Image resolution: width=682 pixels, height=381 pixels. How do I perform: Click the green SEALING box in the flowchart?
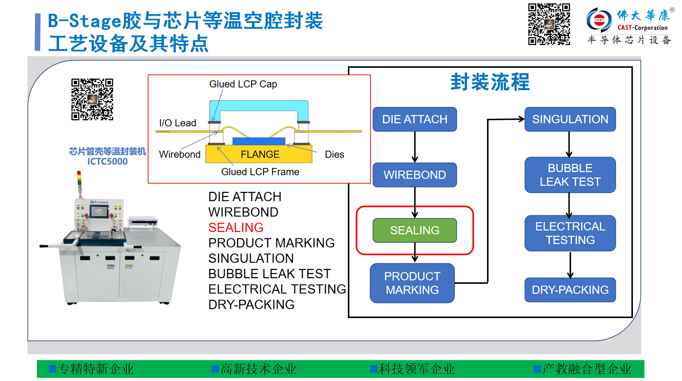tap(414, 230)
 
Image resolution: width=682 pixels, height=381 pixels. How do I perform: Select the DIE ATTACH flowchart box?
tap(414, 119)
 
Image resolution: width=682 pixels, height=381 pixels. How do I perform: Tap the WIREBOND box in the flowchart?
tap(414, 175)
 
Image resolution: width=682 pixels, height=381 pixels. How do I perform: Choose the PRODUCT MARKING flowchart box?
tap(412, 283)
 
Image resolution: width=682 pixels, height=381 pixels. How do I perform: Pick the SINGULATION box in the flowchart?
tap(570, 119)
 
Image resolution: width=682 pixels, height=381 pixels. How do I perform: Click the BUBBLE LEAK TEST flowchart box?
tap(570, 175)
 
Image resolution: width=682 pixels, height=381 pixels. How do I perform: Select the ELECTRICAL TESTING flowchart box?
tap(570, 233)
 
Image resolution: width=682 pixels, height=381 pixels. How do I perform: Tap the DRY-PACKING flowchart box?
tap(570, 290)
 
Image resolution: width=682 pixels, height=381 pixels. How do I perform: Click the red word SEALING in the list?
tap(236, 228)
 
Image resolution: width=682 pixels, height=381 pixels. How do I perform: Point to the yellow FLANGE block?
tap(259, 154)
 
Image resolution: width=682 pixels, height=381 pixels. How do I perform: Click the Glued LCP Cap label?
tap(243, 84)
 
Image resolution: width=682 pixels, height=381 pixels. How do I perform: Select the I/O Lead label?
tap(177, 123)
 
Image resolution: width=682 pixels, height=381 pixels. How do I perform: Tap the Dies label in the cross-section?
tap(334, 154)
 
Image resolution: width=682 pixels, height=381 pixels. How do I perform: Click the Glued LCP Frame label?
tap(260, 172)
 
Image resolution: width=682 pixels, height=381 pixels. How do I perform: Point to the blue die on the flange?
tap(259, 141)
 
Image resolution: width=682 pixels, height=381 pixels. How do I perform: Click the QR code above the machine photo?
tap(92, 99)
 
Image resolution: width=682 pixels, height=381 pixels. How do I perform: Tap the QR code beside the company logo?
tap(549, 24)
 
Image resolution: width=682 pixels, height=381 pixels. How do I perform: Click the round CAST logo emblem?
tap(599, 20)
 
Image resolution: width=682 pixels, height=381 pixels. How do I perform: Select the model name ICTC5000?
tap(108, 162)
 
